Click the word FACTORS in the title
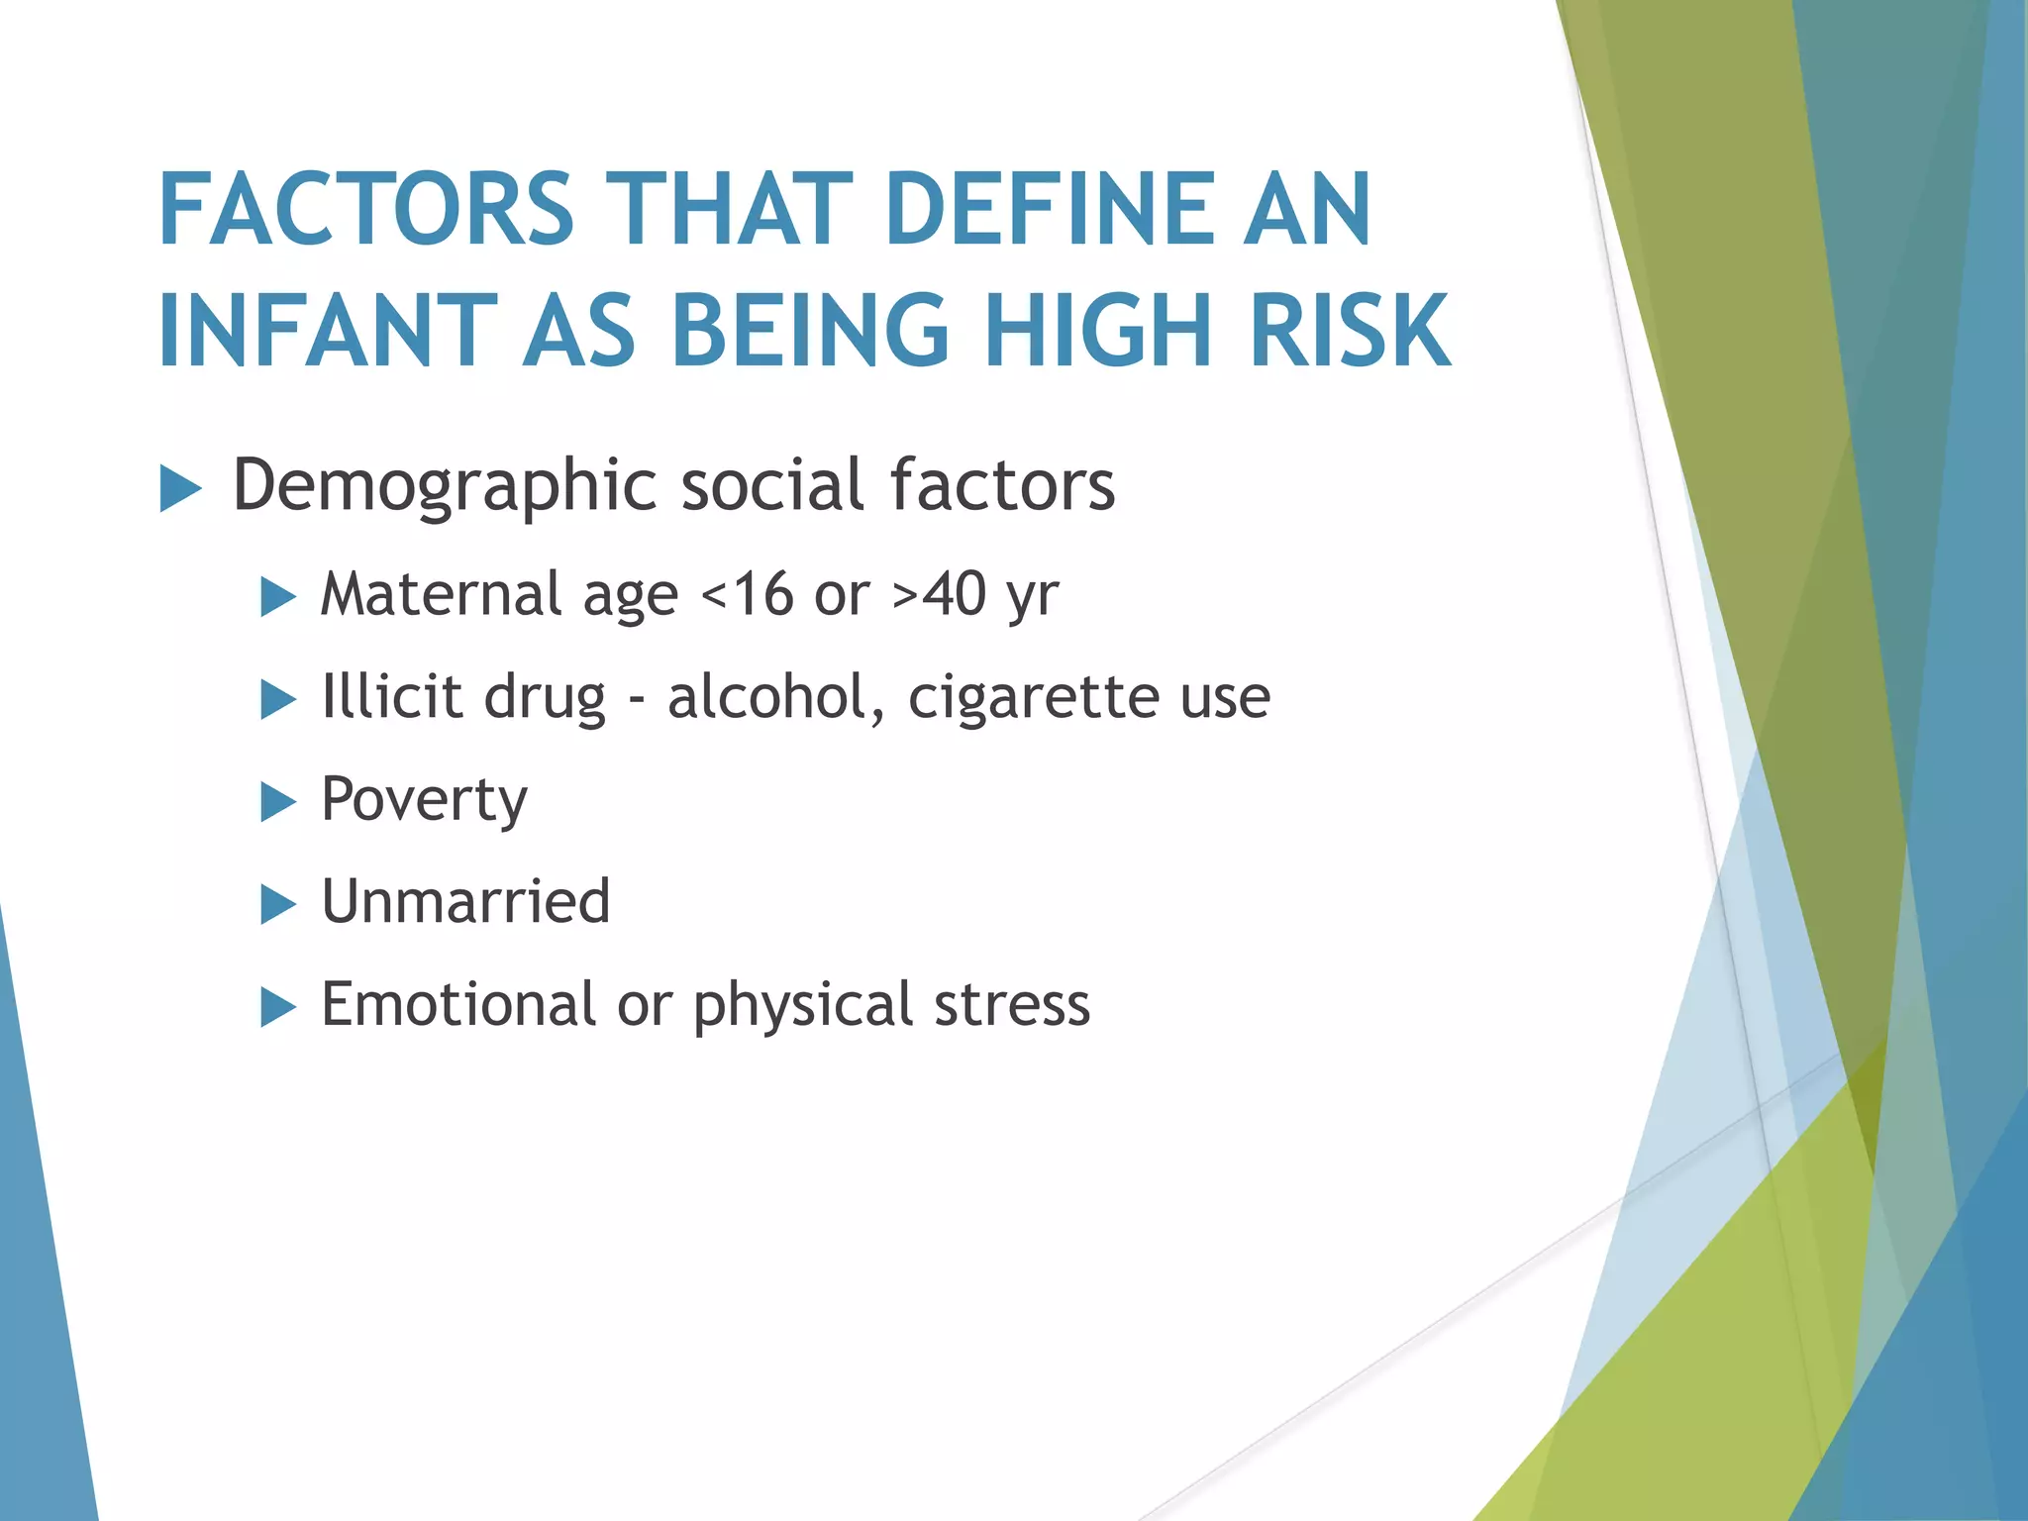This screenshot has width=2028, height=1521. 366,209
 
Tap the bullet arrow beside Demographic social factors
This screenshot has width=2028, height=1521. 180,489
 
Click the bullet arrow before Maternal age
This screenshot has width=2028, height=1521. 278,598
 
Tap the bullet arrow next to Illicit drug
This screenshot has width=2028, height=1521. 278,700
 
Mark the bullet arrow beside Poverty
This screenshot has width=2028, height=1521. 278,802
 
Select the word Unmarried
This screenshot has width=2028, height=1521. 466,902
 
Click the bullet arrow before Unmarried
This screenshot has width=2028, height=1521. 278,904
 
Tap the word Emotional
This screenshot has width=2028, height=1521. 457,1004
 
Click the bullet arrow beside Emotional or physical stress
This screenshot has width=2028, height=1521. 278,1008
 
